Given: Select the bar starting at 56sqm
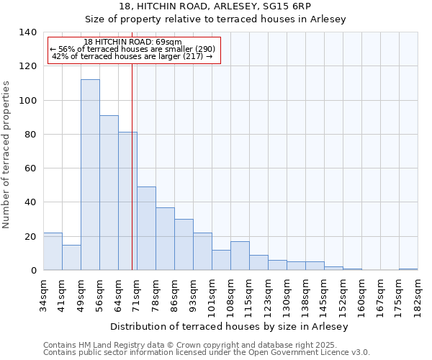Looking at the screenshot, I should click(x=109, y=193).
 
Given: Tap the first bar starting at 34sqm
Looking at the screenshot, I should click(x=53, y=251).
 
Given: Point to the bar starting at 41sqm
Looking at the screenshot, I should click(x=71, y=257).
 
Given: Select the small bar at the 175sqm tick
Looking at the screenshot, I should click(x=408, y=269).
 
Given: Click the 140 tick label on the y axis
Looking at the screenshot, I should click(x=27, y=32).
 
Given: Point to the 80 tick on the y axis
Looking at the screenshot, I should click(x=30, y=135).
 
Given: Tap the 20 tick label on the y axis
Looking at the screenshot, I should click(x=30, y=237).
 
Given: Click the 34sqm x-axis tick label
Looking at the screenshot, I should click(x=44, y=292).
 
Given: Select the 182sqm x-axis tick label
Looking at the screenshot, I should click(x=418, y=294).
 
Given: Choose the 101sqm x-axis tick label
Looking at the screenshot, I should click(x=212, y=294).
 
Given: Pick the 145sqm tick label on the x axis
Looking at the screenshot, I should click(x=325, y=294).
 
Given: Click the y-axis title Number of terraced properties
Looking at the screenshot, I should click(x=7, y=155).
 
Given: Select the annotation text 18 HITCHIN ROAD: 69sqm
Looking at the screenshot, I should click(x=132, y=42).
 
